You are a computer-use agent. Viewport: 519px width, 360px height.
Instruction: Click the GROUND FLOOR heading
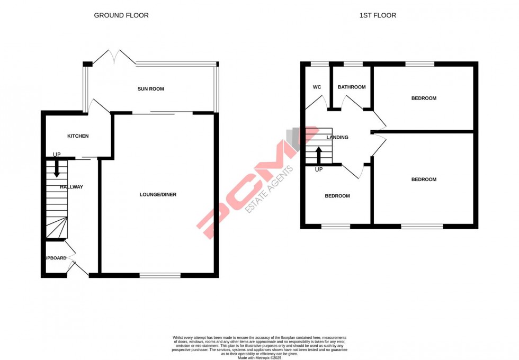(121, 15)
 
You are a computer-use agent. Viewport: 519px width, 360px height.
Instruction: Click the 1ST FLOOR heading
(378, 15)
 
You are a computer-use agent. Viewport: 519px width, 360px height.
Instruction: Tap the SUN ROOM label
(151, 89)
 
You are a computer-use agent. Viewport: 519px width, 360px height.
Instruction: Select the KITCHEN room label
(78, 136)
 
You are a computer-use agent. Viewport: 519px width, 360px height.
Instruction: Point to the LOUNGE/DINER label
(158, 195)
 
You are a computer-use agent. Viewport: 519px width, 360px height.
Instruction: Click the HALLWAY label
(71, 187)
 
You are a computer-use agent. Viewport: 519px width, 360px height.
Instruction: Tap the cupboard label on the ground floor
(55, 258)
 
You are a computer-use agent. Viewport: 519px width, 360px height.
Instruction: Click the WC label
(317, 87)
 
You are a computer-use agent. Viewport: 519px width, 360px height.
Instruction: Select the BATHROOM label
(352, 87)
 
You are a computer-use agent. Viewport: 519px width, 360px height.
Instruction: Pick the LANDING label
(337, 138)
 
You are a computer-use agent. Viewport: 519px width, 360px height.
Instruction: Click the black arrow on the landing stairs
(319, 155)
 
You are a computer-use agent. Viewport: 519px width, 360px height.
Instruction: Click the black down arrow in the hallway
(57, 168)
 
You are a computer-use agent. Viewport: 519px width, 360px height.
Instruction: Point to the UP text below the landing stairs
(319, 169)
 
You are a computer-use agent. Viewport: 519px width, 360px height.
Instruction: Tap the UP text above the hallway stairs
(57, 155)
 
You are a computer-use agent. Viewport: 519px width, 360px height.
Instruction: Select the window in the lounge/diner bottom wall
(160, 275)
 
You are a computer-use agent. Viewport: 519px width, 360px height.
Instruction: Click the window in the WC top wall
(319, 64)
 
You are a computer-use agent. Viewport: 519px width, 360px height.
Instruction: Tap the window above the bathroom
(353, 64)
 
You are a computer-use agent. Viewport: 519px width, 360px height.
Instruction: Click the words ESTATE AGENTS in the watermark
(269, 189)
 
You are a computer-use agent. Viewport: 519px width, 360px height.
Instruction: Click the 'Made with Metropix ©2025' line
(259, 358)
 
